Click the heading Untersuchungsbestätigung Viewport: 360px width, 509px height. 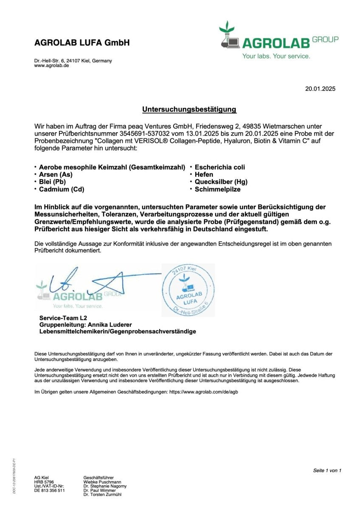tap(189, 109)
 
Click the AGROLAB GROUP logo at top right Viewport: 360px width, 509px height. tap(278, 41)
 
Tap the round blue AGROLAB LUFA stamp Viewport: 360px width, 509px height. tap(188, 290)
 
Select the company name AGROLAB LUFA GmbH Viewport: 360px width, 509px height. tap(82, 43)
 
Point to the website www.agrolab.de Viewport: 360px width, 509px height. tap(51, 66)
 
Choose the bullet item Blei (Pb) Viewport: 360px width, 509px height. tap(52, 182)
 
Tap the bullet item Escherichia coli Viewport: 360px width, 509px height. tap(219, 167)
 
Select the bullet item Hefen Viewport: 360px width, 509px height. tap(204, 174)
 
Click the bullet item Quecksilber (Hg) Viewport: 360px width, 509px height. tap(221, 182)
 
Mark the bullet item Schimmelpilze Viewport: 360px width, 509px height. tap(217, 189)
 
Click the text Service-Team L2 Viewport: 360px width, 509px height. tap(60, 317)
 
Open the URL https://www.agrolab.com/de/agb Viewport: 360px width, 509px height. tap(203, 392)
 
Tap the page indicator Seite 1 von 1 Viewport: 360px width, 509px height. tap(327, 470)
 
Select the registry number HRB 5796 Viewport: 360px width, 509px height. tap(44, 482)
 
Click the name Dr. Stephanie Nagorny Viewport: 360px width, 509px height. tap(105, 486)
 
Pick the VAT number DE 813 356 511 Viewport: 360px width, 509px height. tap(49, 490)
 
